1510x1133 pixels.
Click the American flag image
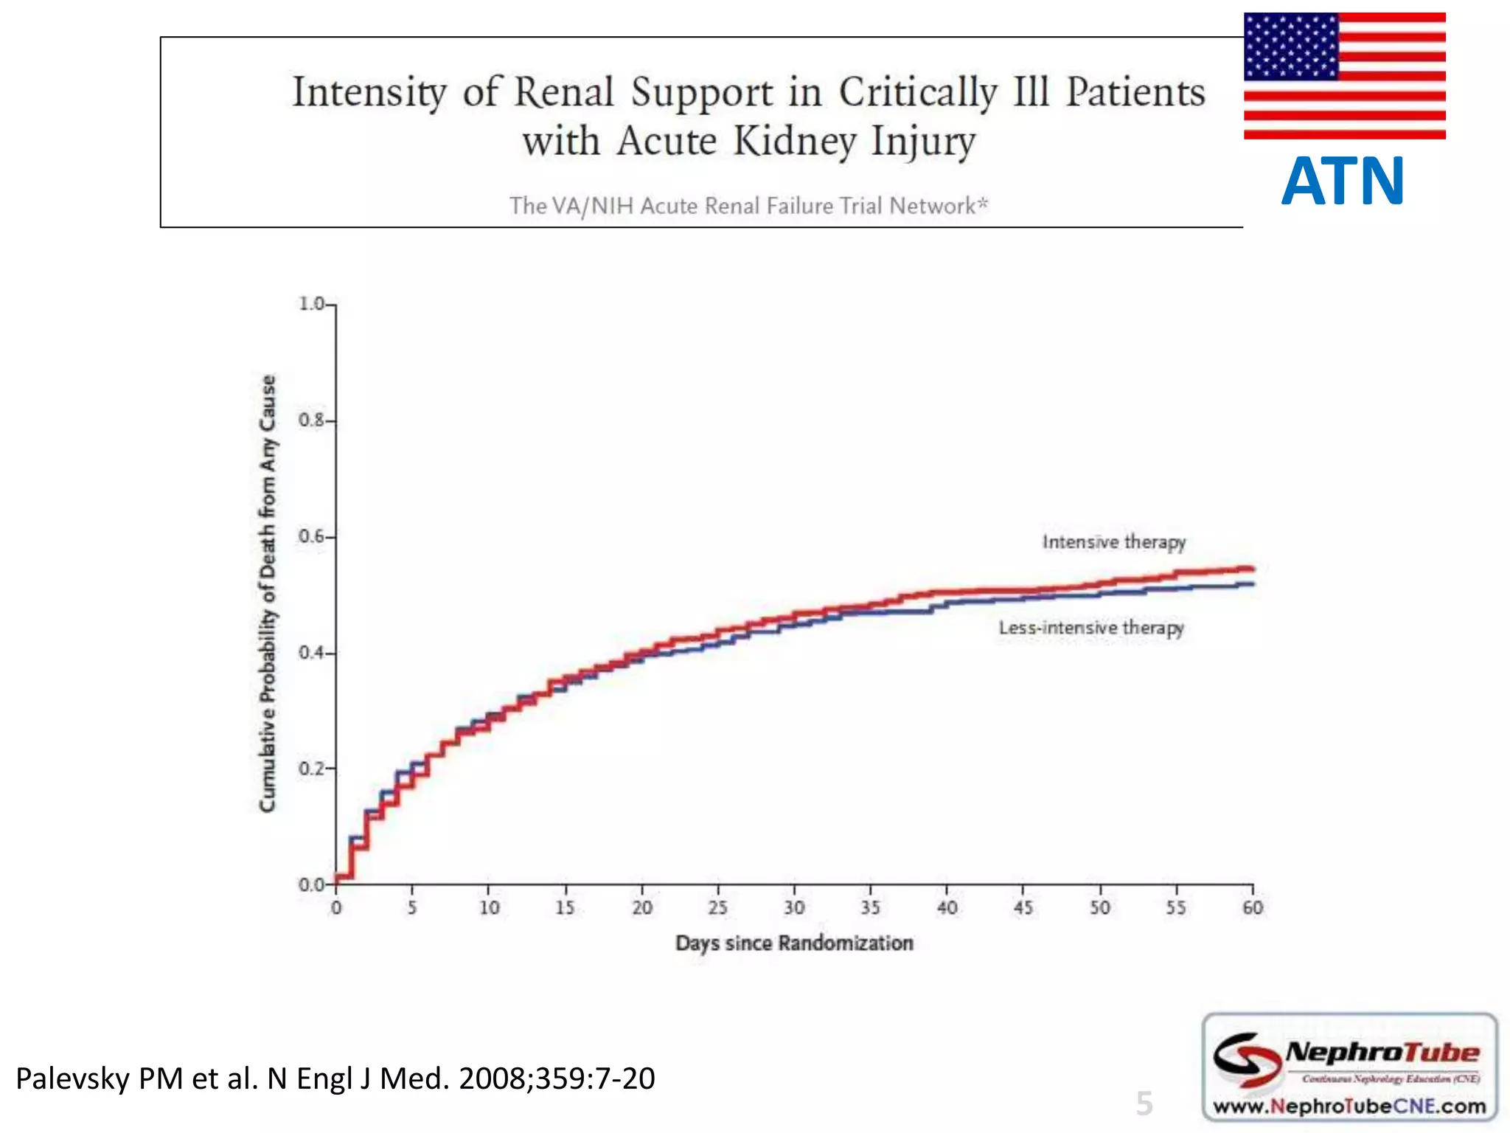tap(1344, 75)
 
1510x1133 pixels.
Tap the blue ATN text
tap(1343, 181)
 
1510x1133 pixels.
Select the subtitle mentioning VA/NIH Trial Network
tap(748, 205)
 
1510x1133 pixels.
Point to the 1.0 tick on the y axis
tap(311, 304)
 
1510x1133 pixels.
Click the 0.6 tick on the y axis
tap(311, 536)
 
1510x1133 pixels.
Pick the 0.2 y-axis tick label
tap(311, 769)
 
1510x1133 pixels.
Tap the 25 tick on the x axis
tap(717, 907)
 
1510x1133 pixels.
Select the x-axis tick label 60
tap(1252, 907)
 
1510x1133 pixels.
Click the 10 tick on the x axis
tap(489, 907)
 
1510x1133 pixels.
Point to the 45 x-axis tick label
tap(1023, 907)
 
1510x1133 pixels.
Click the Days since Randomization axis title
tap(794, 943)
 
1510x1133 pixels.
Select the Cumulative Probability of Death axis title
tap(268, 594)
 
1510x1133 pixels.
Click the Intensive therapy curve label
tap(1113, 542)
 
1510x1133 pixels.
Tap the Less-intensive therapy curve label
tap(1090, 628)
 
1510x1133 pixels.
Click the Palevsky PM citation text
tap(335, 1078)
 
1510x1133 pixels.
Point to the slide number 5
tap(1144, 1103)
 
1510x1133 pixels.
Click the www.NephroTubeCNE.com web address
tap(1349, 1106)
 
